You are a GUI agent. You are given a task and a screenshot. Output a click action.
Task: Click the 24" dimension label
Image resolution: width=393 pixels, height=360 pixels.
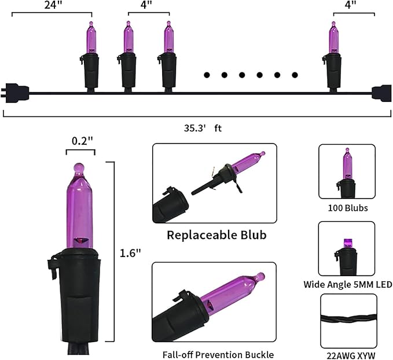coord(51,5)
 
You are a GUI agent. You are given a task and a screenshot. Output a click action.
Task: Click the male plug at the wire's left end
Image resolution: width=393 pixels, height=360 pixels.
coord(16,91)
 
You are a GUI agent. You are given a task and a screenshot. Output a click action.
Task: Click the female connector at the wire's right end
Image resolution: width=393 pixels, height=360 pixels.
coord(381,91)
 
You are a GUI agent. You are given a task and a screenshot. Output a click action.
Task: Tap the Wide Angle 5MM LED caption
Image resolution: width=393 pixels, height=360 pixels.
coord(348,285)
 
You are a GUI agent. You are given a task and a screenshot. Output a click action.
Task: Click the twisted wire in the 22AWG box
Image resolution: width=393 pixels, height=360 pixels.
coord(348,321)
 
